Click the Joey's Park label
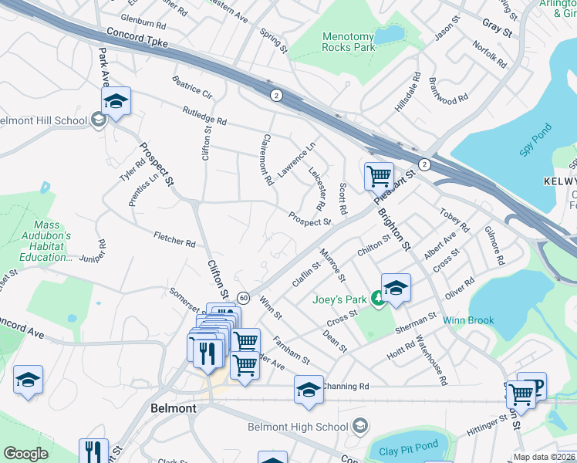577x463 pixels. click(339, 299)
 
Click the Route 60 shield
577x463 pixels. click(243, 297)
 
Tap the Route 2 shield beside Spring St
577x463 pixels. click(275, 95)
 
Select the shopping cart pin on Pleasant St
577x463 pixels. click(379, 176)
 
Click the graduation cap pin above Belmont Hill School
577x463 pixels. click(116, 102)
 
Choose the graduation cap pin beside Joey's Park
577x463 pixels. click(396, 289)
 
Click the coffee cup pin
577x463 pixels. click(531, 386)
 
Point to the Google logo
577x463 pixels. click(25, 454)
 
